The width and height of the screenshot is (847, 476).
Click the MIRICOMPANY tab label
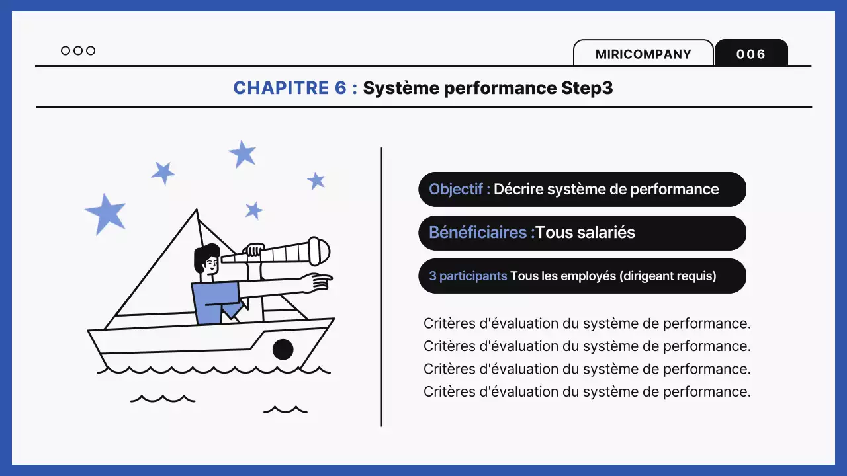(643, 54)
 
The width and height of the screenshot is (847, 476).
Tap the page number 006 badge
(751, 54)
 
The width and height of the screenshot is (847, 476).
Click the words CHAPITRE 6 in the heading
(290, 88)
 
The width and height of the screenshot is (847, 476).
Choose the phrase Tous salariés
(586, 233)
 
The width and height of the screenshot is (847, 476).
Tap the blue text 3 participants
(468, 276)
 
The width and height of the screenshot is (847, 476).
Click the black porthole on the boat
(283, 348)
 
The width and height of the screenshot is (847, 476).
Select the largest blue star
(106, 213)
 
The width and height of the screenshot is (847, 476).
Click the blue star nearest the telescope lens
(316, 180)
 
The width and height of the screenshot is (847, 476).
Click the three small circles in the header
(78, 51)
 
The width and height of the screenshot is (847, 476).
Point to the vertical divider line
(382, 287)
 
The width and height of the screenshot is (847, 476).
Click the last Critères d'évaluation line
(587, 391)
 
